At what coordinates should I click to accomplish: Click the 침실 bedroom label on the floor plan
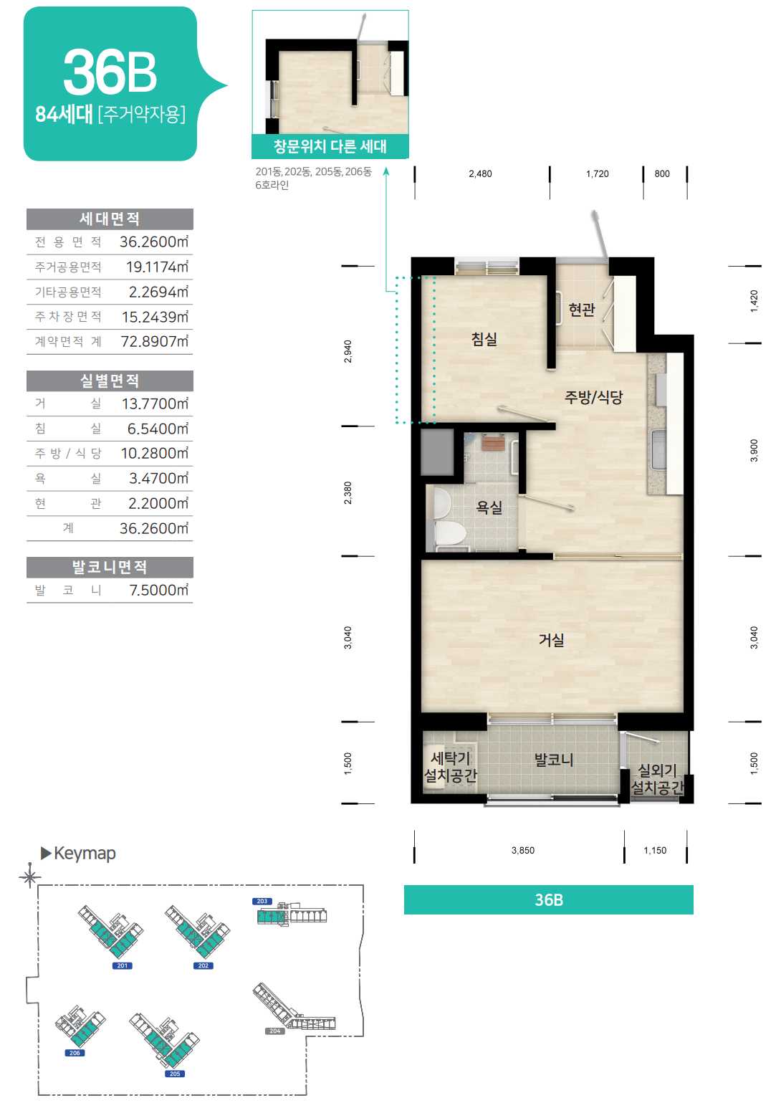click(x=484, y=339)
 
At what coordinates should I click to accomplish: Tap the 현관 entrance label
click(x=581, y=310)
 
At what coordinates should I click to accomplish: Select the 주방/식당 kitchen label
click(x=593, y=397)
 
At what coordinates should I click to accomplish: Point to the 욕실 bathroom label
click(x=489, y=507)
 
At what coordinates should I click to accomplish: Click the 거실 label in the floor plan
click(x=551, y=640)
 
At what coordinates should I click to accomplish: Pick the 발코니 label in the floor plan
click(x=553, y=760)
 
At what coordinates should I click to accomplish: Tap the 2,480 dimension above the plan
click(x=480, y=173)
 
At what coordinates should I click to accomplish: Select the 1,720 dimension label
click(x=597, y=173)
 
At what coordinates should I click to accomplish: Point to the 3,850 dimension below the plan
click(x=523, y=850)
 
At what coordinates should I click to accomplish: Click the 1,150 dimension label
click(x=655, y=850)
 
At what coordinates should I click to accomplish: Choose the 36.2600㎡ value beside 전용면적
click(x=154, y=242)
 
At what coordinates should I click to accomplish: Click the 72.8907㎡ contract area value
click(x=154, y=341)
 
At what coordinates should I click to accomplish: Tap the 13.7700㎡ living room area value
click(x=155, y=403)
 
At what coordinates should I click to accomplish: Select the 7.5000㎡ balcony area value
click(x=159, y=590)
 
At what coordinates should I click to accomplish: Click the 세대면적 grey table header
click(x=110, y=219)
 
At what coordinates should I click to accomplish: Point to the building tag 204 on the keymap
click(x=274, y=1031)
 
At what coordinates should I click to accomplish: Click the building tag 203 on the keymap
click(x=262, y=902)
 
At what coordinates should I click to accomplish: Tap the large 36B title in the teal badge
click(x=110, y=72)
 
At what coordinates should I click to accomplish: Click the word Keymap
click(x=85, y=854)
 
